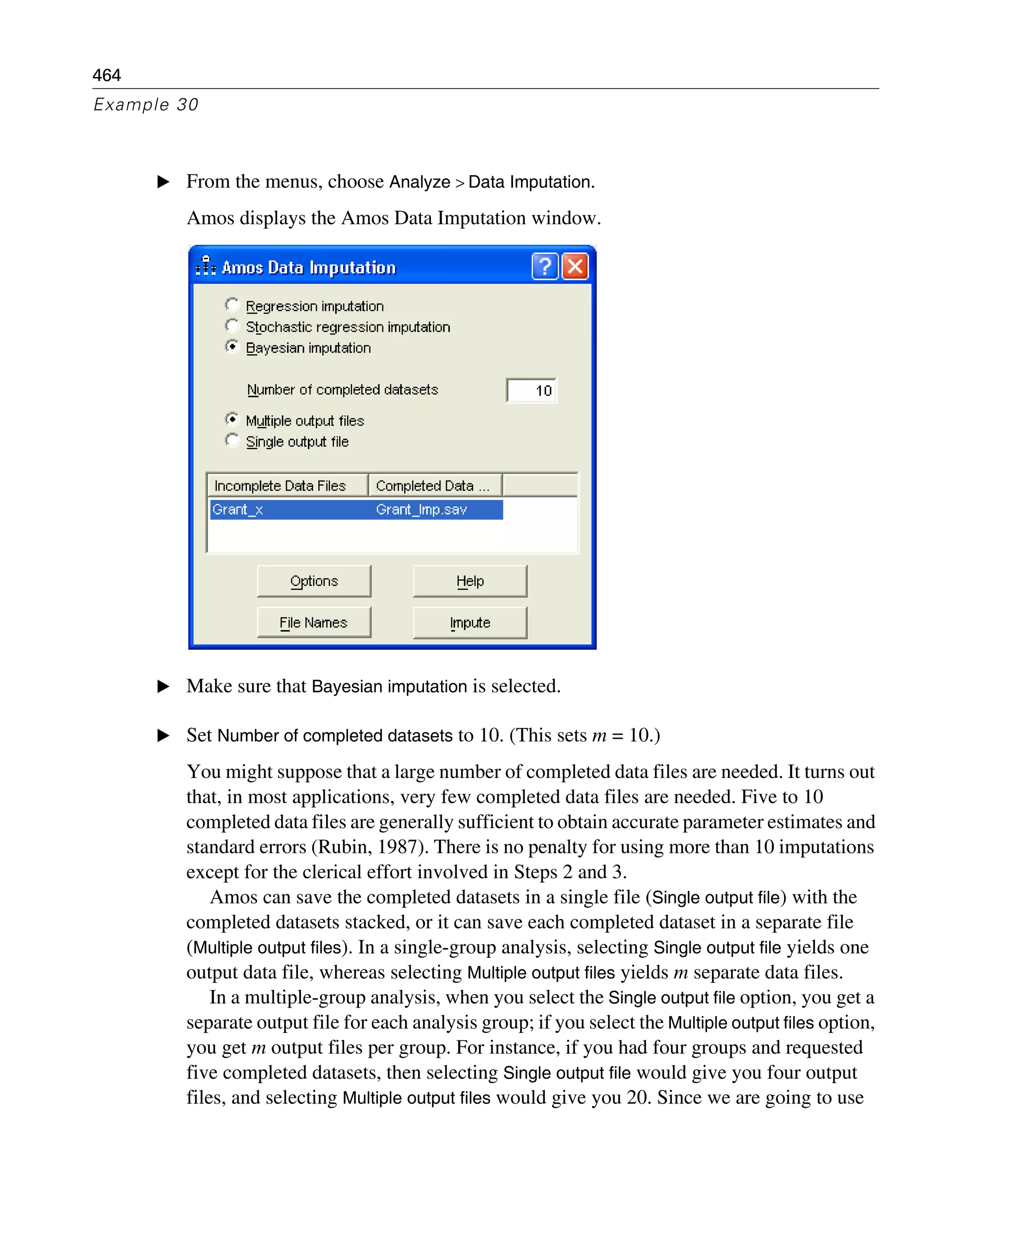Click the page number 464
coord(107,75)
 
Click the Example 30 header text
coord(146,104)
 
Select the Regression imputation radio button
coord(232,305)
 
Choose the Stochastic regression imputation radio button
coord(232,326)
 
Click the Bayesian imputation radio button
coord(232,346)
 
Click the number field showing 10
coord(531,390)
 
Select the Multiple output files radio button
coord(232,419)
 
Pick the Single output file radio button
coord(232,440)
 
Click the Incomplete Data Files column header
coord(287,485)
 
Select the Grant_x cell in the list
coord(238,509)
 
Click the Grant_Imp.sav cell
coord(421,509)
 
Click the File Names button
coord(313,623)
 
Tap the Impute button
coord(470,623)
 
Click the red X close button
coord(575,267)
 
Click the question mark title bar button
coord(545,267)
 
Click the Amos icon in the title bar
coord(206,266)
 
